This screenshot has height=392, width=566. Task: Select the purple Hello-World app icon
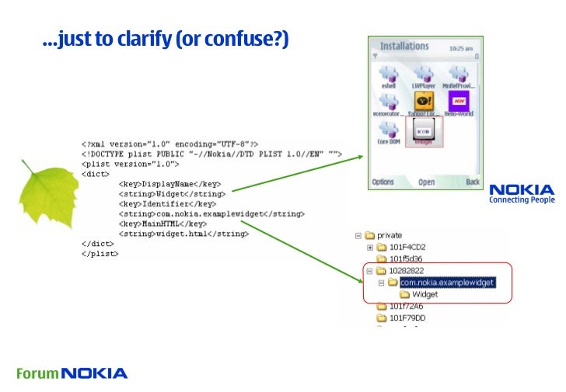pos(459,102)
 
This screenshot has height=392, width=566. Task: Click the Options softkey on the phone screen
pos(383,182)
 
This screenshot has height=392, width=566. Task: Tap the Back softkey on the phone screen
pos(472,182)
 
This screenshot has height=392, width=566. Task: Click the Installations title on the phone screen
pos(404,46)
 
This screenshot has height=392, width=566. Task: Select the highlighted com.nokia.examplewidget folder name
pos(447,283)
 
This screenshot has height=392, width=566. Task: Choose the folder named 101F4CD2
pos(407,247)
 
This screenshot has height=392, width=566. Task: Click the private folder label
pos(390,234)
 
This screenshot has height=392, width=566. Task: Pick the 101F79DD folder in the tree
pos(407,317)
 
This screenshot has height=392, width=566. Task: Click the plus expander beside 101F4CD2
pos(370,247)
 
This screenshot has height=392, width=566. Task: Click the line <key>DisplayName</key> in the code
pos(170,185)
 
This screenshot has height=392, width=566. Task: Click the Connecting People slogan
pos(522,200)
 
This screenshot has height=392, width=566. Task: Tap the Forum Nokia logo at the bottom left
pos(72,373)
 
